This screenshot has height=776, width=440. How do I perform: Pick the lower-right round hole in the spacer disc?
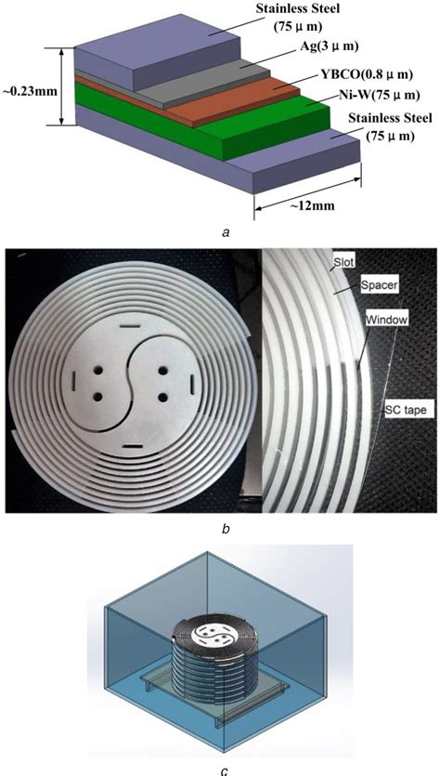tap(164, 399)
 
